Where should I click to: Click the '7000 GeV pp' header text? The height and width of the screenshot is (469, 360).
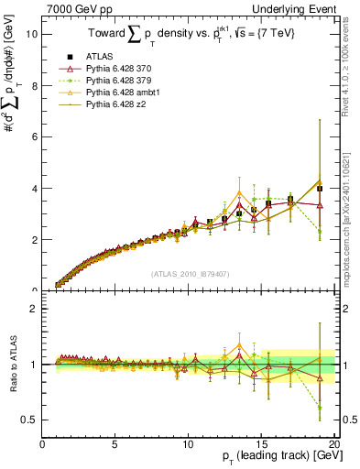tap(77, 7)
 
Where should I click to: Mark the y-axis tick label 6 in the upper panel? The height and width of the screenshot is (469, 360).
tap(34, 136)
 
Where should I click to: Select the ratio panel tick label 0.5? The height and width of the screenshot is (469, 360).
tap(29, 420)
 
